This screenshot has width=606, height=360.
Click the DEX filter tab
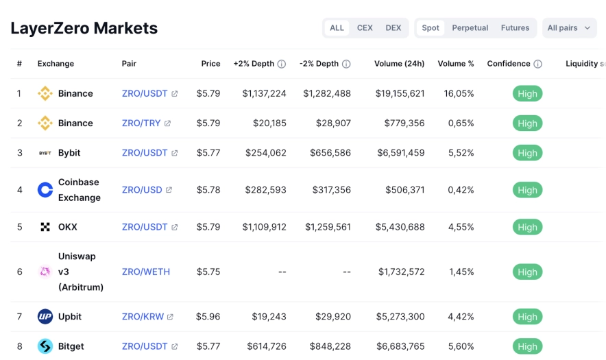click(x=393, y=28)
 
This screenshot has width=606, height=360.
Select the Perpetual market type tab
click(x=470, y=28)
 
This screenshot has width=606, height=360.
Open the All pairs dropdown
click(x=569, y=28)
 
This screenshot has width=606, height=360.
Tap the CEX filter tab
click(x=365, y=28)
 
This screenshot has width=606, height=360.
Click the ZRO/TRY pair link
click(x=141, y=123)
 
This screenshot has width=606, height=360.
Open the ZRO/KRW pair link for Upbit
click(x=142, y=317)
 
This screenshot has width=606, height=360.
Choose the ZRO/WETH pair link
click(x=145, y=272)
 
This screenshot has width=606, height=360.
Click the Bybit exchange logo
click(x=45, y=153)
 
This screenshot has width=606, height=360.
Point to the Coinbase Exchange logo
click(x=45, y=190)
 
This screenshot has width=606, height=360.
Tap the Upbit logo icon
click(x=45, y=317)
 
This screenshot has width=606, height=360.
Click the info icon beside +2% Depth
click(x=281, y=64)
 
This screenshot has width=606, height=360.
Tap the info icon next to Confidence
click(x=537, y=64)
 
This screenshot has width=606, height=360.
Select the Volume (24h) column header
click(x=399, y=64)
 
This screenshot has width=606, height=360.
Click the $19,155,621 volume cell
click(x=400, y=93)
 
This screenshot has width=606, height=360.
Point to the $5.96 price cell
click(x=208, y=317)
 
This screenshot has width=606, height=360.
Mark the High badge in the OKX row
click(x=527, y=227)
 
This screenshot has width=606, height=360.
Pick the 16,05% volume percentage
click(x=459, y=93)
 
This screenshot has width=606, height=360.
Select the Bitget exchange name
click(x=71, y=346)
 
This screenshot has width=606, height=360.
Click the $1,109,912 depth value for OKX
click(x=264, y=227)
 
